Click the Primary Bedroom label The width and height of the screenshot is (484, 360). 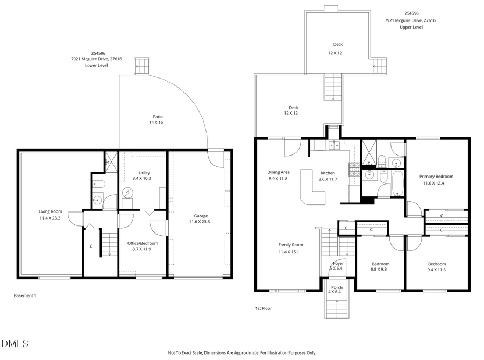click(x=436, y=177)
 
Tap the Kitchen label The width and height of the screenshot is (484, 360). click(x=328, y=173)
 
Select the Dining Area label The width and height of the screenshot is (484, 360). click(x=278, y=172)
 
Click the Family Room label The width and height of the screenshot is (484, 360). click(x=290, y=245)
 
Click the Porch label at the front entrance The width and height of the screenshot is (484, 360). click(x=337, y=287)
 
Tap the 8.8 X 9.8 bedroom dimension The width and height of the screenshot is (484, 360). click(x=380, y=270)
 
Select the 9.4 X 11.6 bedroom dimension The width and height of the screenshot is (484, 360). click(x=437, y=270)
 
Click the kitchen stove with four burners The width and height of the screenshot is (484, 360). click(x=354, y=170)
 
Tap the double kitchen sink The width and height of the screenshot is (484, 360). click(x=333, y=144)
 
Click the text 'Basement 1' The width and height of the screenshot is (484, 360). click(x=25, y=295)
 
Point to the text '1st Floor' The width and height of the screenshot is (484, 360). click(x=264, y=308)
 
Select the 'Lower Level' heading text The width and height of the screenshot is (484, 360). click(x=96, y=65)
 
